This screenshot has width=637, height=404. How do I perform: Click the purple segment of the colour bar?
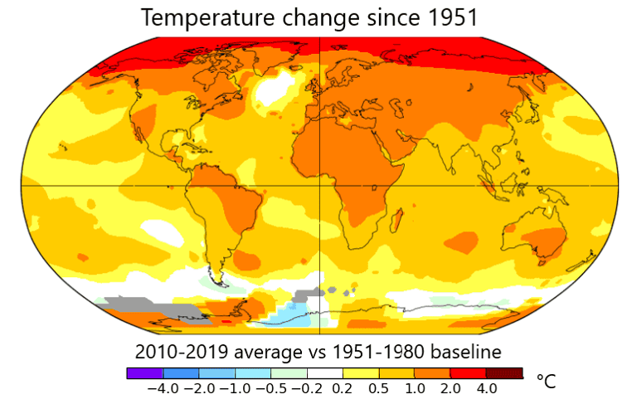[x=144, y=372]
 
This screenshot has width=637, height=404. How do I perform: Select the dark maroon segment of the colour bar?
[x=504, y=372]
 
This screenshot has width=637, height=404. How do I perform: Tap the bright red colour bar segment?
[x=468, y=372]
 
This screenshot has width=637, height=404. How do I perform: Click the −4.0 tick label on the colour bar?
[x=161, y=388]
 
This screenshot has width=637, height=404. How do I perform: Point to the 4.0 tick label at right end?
[x=486, y=388]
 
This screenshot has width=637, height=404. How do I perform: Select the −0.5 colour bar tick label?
[x=270, y=388]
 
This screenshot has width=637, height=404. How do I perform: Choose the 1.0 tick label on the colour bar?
[x=414, y=388]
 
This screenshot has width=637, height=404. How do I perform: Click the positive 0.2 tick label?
[x=343, y=388]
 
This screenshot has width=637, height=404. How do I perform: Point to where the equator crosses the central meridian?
[x=320, y=185]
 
